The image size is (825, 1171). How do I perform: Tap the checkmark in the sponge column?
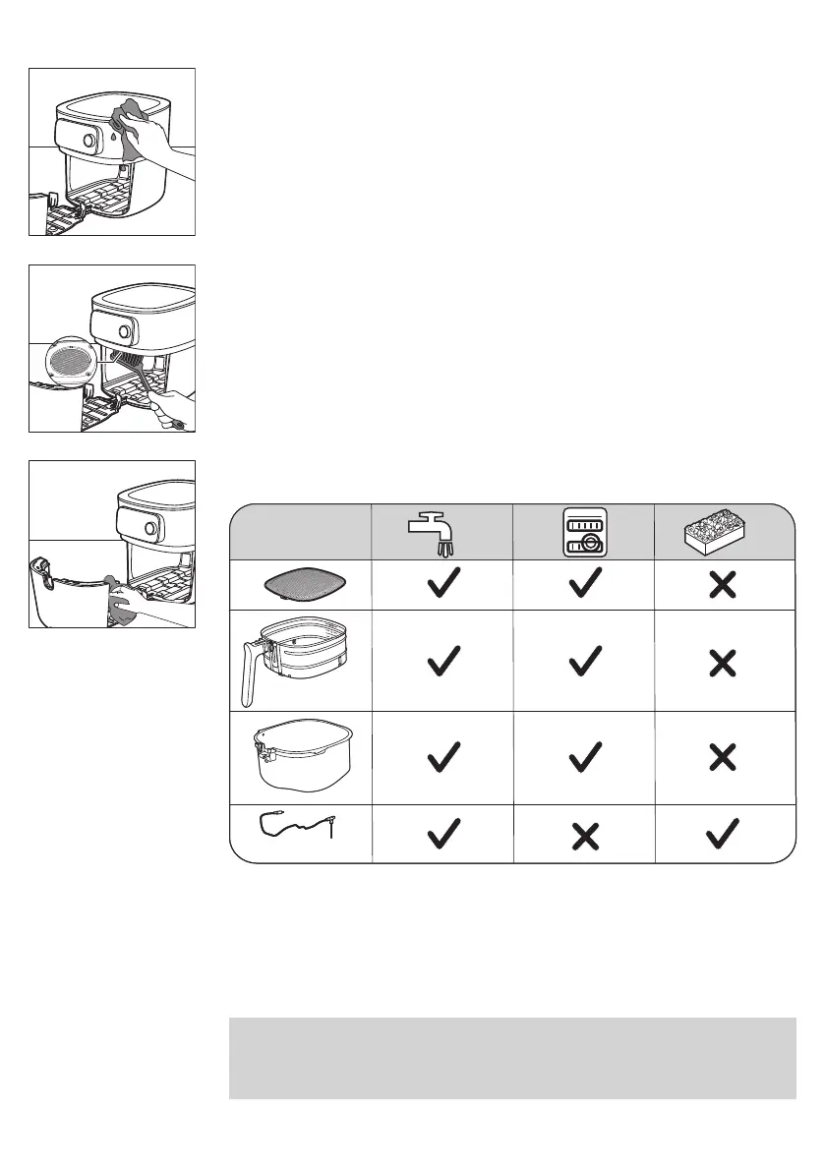tap(724, 835)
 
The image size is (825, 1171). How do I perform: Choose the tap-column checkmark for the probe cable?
tap(442, 835)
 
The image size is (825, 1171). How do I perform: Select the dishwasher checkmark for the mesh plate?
tap(584, 585)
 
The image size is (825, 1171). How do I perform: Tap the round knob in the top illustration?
tap(88, 141)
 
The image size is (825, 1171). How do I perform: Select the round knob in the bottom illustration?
tap(150, 529)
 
